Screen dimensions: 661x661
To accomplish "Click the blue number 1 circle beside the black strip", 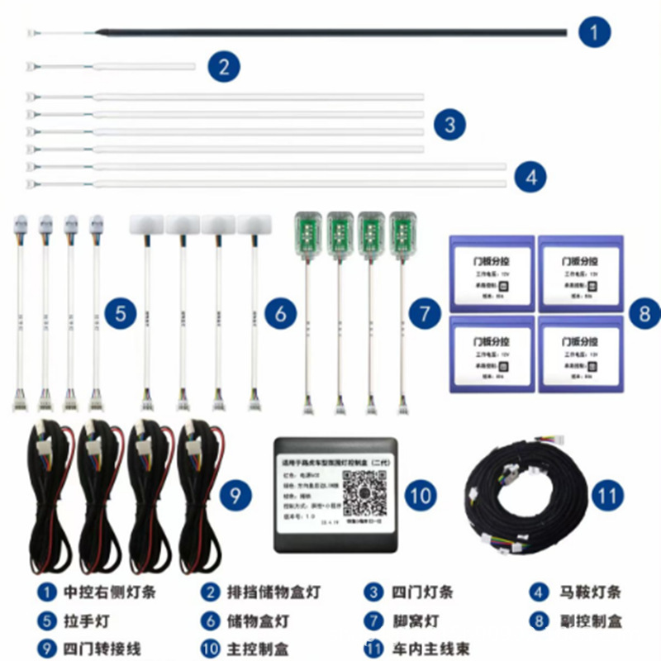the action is click(594, 33).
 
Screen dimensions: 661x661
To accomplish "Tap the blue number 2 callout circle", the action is click(224, 65).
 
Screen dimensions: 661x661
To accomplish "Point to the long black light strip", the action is click(330, 33).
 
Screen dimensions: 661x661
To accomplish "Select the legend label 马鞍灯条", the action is click(587, 592).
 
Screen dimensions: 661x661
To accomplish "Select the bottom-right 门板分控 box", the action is click(579, 353).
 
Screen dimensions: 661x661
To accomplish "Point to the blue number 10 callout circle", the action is click(421, 495).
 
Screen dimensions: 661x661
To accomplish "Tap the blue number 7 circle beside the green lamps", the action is click(425, 313).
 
